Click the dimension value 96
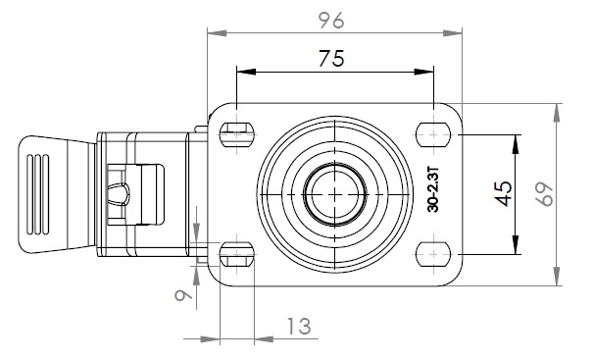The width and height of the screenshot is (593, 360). point(331,21)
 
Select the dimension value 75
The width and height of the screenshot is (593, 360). point(331,59)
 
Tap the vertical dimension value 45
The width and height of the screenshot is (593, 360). point(504,194)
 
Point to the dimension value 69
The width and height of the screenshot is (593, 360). point(545,194)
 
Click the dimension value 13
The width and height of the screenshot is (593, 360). point(299,327)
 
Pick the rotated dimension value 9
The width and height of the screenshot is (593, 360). point(183,294)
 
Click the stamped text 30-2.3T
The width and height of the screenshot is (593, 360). point(433,188)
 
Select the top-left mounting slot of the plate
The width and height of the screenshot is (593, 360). point(237,134)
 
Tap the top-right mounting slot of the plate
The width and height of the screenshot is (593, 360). point(433,134)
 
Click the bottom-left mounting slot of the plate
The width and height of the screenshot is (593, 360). point(237,254)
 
